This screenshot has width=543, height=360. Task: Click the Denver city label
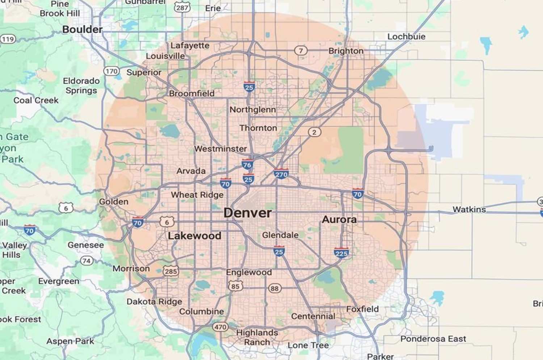(248, 213)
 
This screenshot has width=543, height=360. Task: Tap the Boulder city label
(82, 29)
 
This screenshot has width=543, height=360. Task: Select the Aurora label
(339, 219)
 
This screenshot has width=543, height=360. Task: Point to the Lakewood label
(194, 236)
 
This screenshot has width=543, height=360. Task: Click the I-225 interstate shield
(341, 253)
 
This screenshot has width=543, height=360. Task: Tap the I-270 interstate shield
(281, 174)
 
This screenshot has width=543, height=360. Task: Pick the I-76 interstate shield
(247, 165)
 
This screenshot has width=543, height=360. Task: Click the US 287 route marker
(182, 7)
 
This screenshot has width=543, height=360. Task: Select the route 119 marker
(8, 39)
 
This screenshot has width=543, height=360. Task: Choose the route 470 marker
(220, 327)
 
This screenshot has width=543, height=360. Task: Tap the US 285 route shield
(171, 271)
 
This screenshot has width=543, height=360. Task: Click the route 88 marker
(274, 288)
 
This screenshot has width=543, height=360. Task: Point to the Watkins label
(469, 209)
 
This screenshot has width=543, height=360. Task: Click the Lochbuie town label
(406, 37)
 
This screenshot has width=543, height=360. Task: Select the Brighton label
(346, 51)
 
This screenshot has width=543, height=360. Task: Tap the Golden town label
(114, 202)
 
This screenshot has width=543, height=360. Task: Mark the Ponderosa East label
(433, 339)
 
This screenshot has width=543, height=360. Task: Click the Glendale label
(280, 235)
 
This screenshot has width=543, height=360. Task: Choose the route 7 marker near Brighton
(300, 51)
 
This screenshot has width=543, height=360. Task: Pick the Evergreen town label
(59, 281)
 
